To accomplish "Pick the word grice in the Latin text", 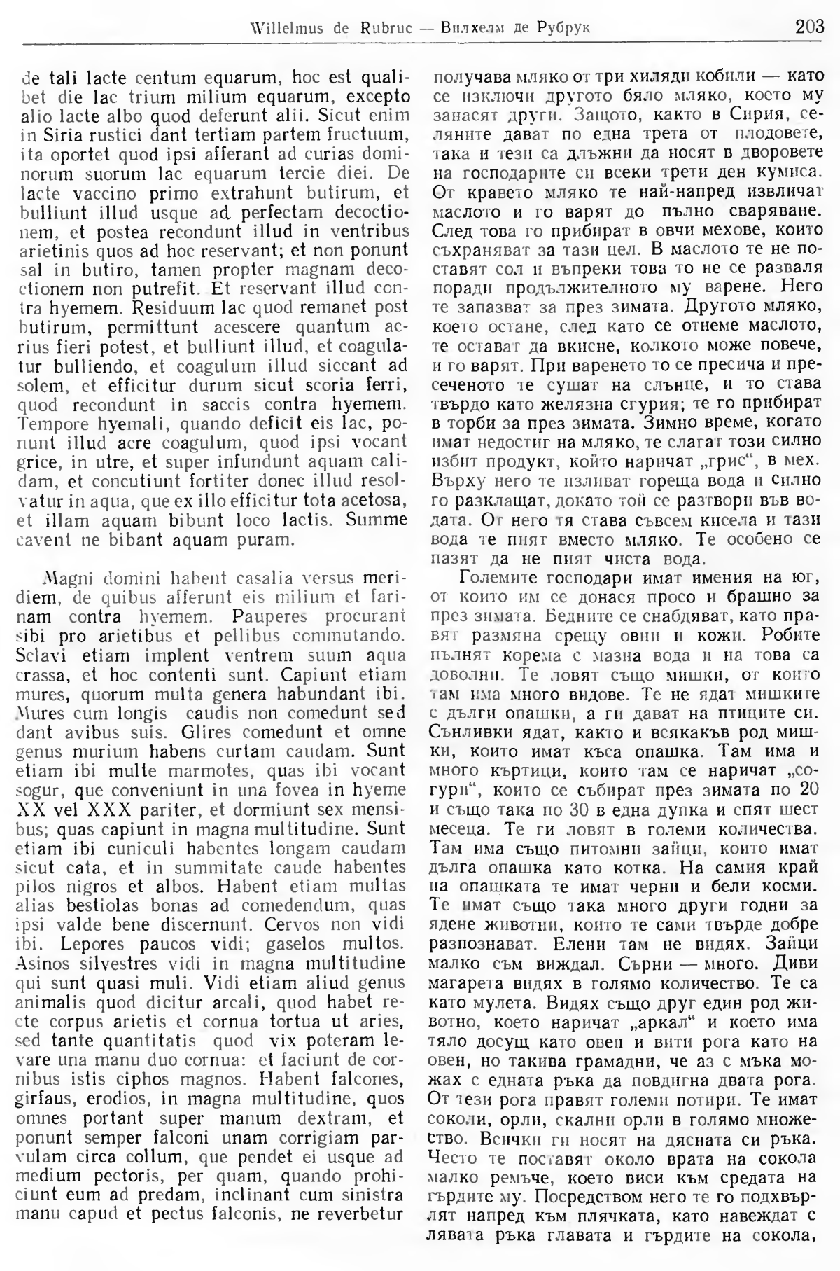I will tap(32, 461).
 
